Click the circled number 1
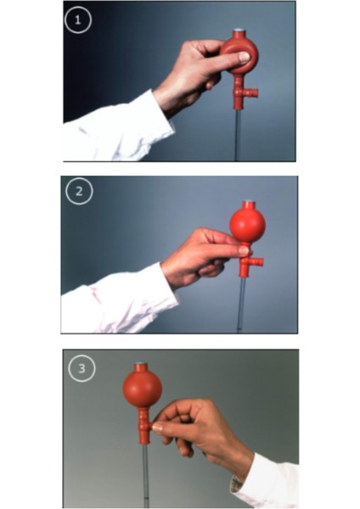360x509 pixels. point(77,20)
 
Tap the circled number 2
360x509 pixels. point(79,191)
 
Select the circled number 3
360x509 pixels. point(82,368)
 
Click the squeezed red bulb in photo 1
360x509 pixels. point(239,55)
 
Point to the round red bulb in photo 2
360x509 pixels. point(248,224)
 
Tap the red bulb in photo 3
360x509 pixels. point(143,388)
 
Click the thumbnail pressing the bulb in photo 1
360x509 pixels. point(245,58)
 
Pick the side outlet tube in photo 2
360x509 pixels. point(256,261)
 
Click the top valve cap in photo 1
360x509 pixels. point(239,31)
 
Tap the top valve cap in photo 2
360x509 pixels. point(248,202)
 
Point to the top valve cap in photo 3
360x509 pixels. point(140,364)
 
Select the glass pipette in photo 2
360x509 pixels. point(241,305)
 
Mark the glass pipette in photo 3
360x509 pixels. point(146,475)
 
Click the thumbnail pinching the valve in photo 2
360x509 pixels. point(244,250)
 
